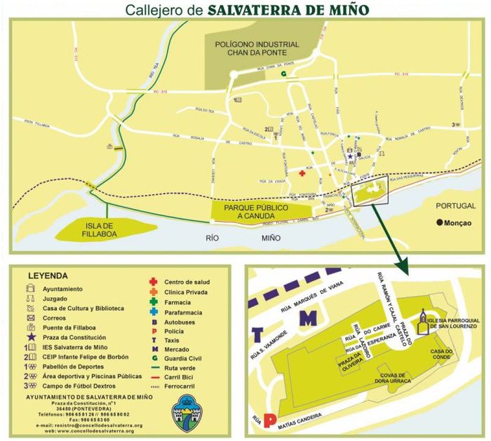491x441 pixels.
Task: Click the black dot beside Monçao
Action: coord(440,224)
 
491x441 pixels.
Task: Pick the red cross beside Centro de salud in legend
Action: coord(152,282)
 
